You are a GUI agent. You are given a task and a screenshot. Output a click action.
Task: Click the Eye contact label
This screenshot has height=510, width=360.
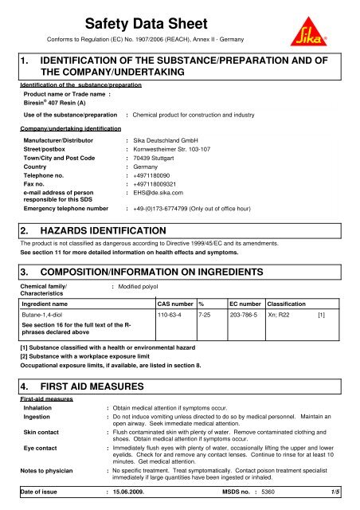click(42, 450)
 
